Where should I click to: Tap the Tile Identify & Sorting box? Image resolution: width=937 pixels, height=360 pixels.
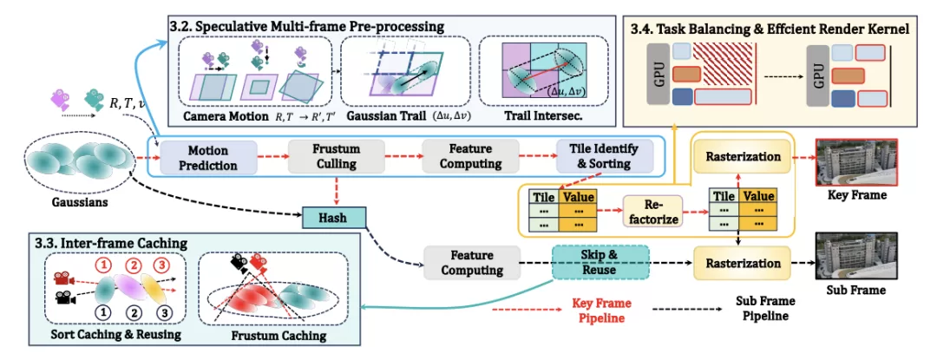[x=605, y=158]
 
